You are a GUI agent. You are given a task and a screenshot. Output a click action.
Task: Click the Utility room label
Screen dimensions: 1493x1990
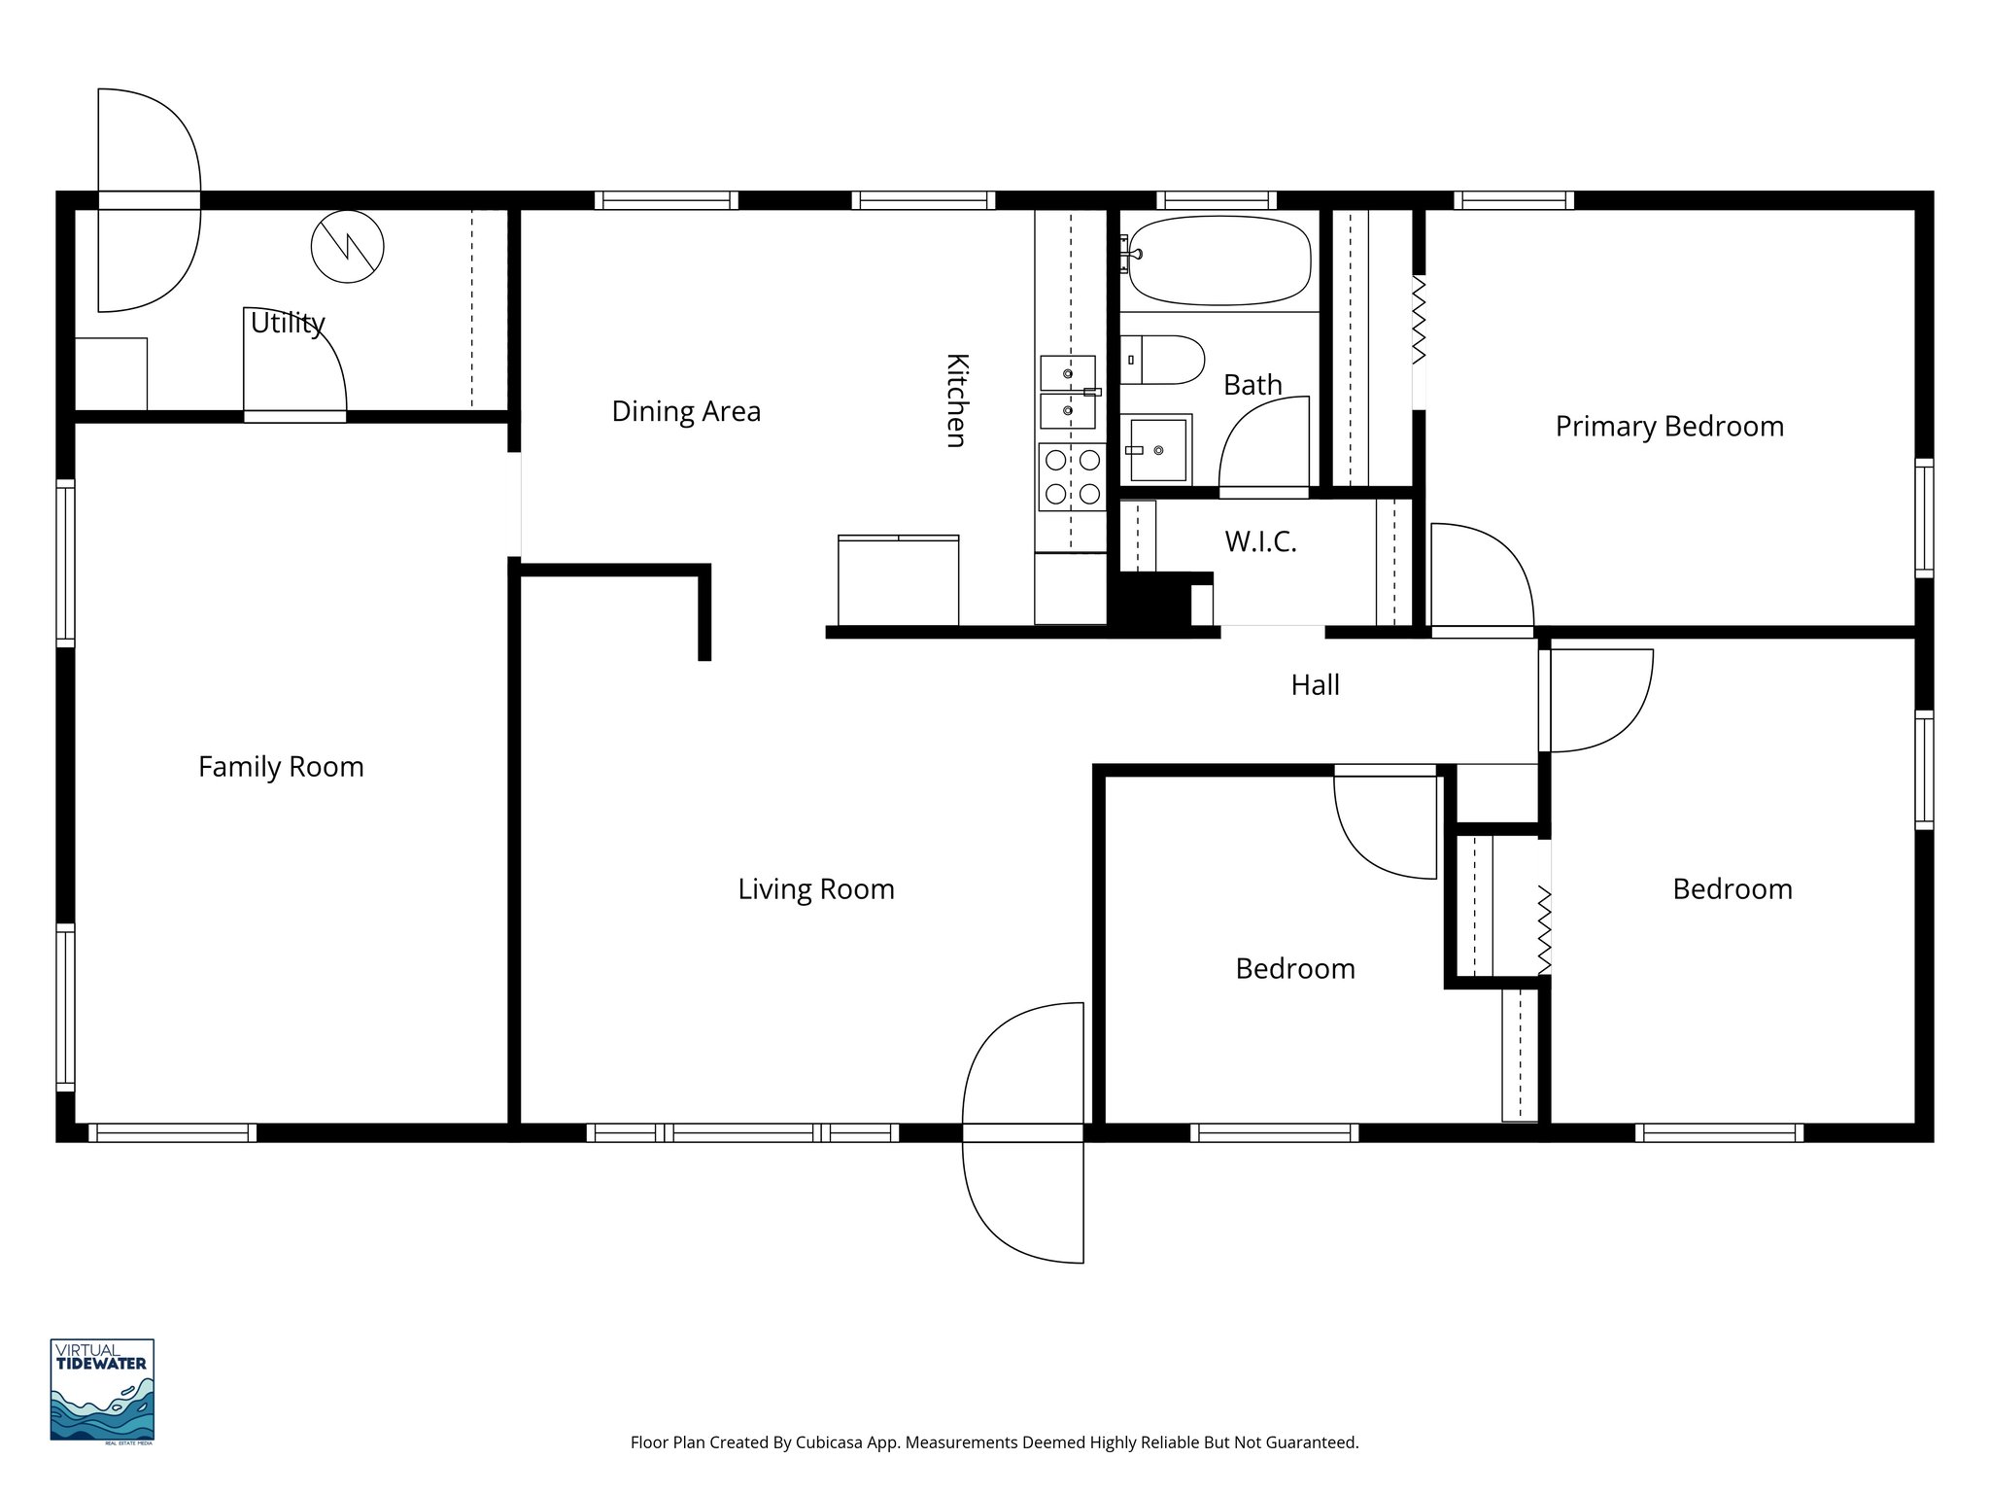(x=288, y=323)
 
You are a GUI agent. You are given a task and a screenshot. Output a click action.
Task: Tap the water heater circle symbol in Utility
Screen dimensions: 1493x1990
(x=347, y=247)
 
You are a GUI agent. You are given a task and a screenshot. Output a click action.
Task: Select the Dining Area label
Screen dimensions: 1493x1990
(x=686, y=412)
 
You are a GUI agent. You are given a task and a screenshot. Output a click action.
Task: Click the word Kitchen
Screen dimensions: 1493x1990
(x=956, y=400)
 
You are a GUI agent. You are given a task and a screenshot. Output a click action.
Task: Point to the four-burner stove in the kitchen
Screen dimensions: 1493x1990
(x=1072, y=476)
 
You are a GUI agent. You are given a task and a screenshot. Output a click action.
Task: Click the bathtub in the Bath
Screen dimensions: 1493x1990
(x=1219, y=260)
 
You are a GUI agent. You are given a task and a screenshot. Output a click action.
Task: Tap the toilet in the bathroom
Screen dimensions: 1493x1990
(x=1162, y=360)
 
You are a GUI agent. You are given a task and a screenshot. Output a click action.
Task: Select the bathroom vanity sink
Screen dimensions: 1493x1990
(x=1156, y=450)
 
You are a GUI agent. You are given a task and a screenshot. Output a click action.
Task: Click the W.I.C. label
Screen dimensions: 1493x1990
(x=1260, y=542)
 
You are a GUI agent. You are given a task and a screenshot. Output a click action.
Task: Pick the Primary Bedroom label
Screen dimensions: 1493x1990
(x=1669, y=427)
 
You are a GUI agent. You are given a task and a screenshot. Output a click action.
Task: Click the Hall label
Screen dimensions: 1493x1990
(x=1315, y=685)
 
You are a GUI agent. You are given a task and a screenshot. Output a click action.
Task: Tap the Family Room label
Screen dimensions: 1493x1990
(x=281, y=767)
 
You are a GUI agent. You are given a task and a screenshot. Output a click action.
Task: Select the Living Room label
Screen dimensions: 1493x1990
(x=815, y=889)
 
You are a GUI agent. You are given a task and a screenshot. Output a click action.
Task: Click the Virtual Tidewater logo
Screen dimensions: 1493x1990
(x=102, y=1390)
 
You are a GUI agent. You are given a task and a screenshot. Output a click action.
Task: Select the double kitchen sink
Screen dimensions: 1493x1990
(x=1067, y=392)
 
